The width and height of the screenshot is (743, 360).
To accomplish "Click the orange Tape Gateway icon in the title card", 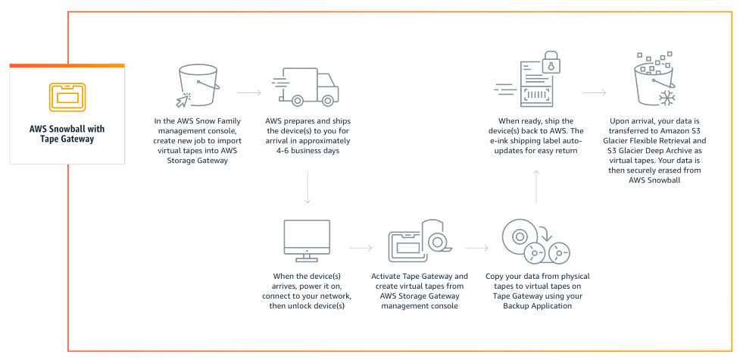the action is (67, 97).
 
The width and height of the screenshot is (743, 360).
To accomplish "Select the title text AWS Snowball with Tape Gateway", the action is (67, 133).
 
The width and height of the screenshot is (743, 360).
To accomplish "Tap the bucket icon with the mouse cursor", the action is (197, 86).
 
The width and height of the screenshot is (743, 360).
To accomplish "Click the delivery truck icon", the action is (306, 87).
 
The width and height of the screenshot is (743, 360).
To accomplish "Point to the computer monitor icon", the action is (307, 240).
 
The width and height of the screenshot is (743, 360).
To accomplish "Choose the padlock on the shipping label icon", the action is (551, 62).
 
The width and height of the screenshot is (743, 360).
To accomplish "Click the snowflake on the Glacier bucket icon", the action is (667, 99).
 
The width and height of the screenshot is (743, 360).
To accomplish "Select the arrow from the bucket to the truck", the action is (248, 92).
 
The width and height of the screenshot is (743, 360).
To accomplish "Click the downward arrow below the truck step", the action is (307, 187).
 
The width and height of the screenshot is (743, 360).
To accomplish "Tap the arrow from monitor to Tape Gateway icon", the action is (361, 248).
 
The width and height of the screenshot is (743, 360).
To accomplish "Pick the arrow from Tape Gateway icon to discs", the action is (476, 248).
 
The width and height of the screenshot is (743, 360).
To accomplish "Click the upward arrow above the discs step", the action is (536, 187).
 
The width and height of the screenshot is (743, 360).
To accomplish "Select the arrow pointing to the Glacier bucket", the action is (595, 92).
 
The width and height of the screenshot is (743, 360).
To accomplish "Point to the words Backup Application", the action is (537, 305).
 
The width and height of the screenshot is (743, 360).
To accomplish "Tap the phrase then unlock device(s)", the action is (307, 305).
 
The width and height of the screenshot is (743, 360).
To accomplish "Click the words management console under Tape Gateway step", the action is (420, 305).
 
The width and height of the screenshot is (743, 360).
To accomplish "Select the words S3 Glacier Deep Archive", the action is (657, 151).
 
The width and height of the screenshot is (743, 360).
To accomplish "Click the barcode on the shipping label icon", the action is (536, 95).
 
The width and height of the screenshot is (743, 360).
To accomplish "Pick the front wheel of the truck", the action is (327, 100).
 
